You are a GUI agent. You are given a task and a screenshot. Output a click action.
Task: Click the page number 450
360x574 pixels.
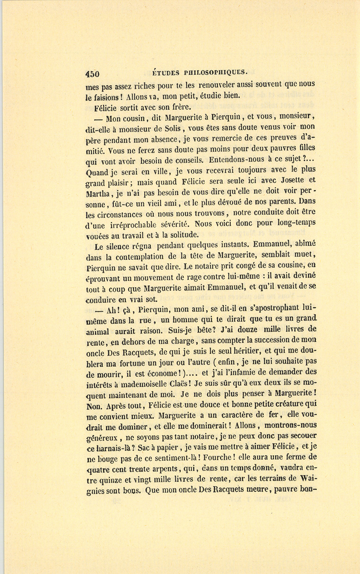point(92,74)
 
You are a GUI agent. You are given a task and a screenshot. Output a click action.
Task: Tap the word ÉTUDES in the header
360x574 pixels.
point(166,73)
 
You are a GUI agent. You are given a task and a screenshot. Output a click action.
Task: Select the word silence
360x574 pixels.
point(121,247)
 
